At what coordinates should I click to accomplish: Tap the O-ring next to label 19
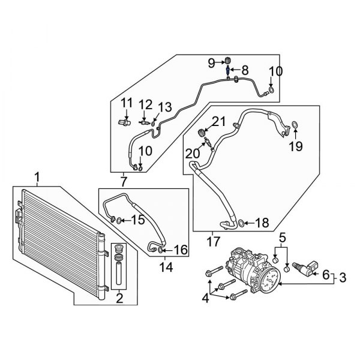tap(295, 125)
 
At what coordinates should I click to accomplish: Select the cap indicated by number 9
tap(228, 60)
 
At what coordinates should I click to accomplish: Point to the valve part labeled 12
tap(143, 121)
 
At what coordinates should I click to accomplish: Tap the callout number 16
tap(181, 249)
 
